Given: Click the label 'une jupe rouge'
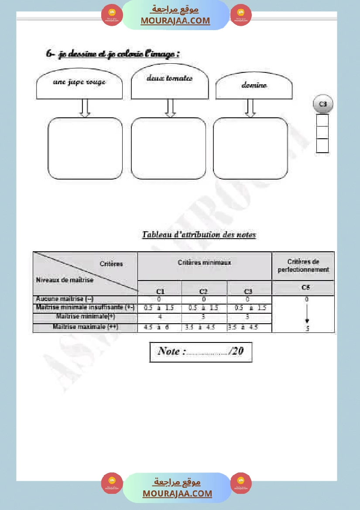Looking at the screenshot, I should (x=79, y=82).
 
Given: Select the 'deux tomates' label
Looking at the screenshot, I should (x=169, y=79).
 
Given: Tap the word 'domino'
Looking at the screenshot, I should (x=254, y=86).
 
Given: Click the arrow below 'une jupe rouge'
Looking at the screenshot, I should (x=86, y=108).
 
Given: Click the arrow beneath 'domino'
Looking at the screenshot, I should (x=250, y=108).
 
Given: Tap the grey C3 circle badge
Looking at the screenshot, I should (x=322, y=104).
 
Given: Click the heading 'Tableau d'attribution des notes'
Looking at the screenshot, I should (x=199, y=235).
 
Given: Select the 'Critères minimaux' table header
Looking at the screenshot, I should (x=204, y=263).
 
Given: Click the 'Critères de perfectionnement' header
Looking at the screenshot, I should (x=303, y=266).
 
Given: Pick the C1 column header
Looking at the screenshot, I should (x=160, y=291).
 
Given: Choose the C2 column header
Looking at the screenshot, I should (x=203, y=291).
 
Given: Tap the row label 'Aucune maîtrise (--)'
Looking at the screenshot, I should (x=65, y=299).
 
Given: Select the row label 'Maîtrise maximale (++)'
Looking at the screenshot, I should (x=86, y=326).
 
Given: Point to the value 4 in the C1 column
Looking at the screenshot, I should (x=160, y=317).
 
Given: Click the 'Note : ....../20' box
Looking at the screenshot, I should (x=201, y=352).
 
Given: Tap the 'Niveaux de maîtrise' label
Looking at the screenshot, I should (x=65, y=280).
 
